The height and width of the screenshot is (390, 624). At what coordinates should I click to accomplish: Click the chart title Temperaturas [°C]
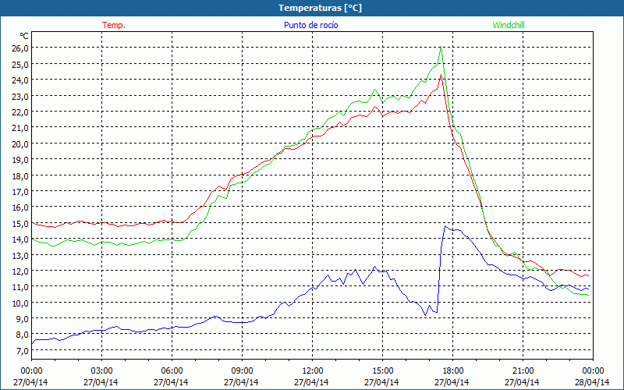pos(321,8)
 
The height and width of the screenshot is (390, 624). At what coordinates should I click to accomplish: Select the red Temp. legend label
pos(114,25)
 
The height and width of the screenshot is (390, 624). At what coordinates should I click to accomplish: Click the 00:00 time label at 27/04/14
pos(31,370)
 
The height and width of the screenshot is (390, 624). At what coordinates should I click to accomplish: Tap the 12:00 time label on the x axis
pos(313,370)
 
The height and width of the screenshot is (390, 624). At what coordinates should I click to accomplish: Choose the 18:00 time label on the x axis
pos(453,370)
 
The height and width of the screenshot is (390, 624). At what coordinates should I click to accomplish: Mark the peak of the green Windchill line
pos(441,48)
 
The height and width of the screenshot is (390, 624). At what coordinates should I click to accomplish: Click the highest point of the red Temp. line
pos(441,75)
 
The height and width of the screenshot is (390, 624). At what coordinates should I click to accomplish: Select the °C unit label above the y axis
pos(24,35)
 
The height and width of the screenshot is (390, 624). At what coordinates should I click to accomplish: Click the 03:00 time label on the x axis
pos(102,370)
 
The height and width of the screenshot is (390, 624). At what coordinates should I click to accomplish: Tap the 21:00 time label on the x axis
pos(523,370)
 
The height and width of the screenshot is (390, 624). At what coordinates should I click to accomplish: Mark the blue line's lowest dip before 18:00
pos(426,315)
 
